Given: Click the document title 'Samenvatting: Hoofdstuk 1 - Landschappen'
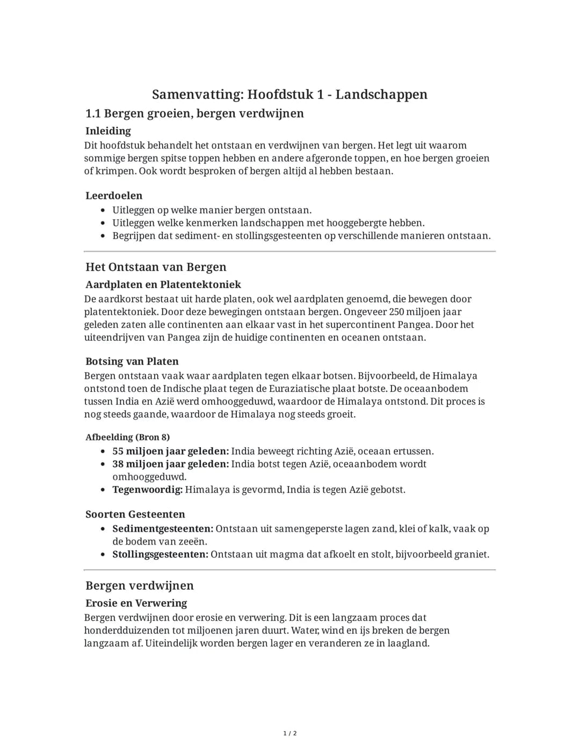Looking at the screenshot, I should point(289,95).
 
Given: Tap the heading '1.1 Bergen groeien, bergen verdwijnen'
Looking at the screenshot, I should point(194,113).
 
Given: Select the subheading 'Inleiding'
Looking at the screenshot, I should point(108,131).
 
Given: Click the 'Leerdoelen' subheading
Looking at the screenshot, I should point(114,196).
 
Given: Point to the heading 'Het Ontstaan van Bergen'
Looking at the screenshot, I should point(156,267).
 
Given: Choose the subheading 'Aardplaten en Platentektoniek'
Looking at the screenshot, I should point(163,284).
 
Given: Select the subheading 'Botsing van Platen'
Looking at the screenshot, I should point(132,361).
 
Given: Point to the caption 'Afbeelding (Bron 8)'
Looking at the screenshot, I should point(128,437).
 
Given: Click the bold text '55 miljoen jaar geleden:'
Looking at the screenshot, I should point(171,451).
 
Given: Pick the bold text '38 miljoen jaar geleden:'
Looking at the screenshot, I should point(171,464).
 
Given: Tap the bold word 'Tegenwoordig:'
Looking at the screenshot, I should point(148,490).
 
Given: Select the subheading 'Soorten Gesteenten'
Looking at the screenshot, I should point(135,514).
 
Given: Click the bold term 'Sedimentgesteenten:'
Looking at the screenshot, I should point(163,529).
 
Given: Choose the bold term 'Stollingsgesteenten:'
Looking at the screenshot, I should point(160,554).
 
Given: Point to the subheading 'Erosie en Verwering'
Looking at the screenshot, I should point(136,603).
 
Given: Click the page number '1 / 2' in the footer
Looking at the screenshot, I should point(290,733).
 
